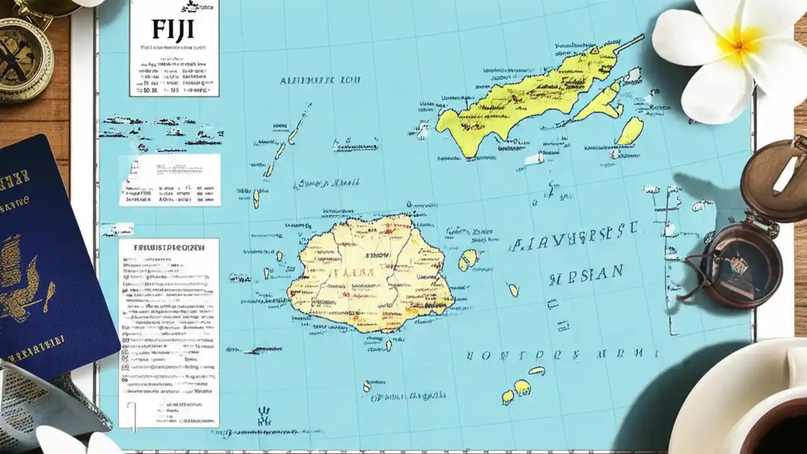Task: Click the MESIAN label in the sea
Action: [586, 275]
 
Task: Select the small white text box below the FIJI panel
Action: [170, 180]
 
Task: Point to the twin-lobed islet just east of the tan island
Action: [468, 259]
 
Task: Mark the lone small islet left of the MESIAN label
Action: [513, 289]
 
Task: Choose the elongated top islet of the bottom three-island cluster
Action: [537, 371]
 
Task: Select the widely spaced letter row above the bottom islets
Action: [561, 354]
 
